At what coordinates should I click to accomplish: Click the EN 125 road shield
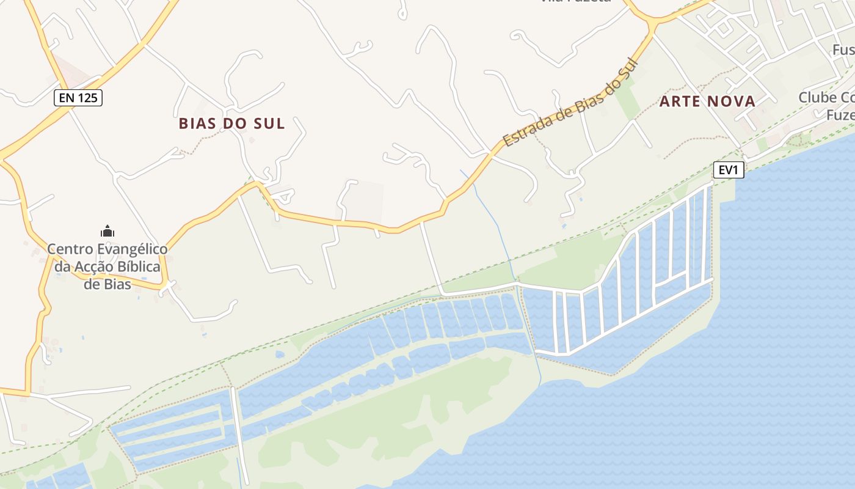coord(78,97)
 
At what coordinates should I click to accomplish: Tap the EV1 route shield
coord(729,170)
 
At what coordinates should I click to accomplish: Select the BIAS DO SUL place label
coord(231,123)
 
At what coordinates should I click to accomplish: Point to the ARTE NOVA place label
coord(707,101)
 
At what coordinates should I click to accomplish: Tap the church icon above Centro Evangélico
coord(107,231)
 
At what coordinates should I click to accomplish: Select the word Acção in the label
coord(91,267)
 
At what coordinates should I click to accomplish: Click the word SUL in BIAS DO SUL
coord(271,123)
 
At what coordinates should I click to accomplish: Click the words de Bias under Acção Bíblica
coord(107,284)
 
